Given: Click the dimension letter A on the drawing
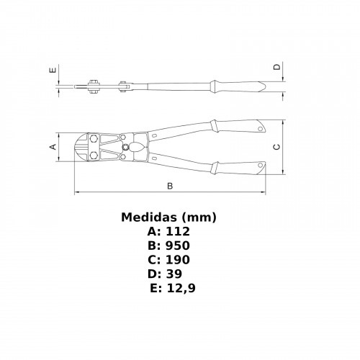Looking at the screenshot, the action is [53, 146].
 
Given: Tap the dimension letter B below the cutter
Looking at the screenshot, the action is [170, 186].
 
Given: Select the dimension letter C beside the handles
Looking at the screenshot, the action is [276, 147].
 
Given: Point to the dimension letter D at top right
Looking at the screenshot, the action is [277, 66].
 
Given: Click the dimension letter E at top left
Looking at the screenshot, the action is [53, 70].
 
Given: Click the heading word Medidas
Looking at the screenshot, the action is [150, 217].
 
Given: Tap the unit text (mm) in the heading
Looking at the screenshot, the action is [199, 217].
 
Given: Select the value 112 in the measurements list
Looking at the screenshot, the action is [178, 231].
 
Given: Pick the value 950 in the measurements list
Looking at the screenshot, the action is [178, 246].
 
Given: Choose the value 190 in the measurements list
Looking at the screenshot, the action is [178, 260].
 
